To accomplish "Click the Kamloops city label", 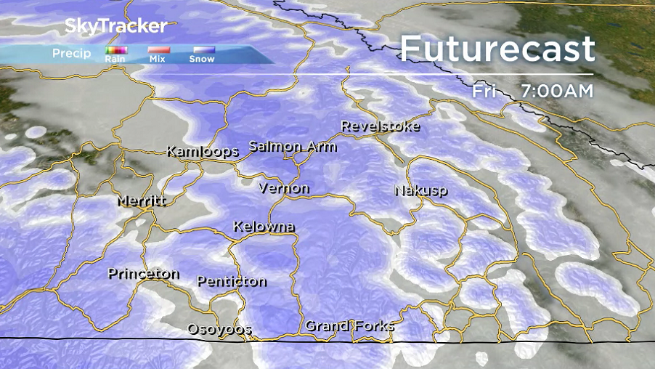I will click(x=203, y=152).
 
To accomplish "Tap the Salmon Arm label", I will click(x=293, y=146).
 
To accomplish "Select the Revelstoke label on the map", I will click(x=381, y=126).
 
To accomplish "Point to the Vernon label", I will click(x=284, y=188).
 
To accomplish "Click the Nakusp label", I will click(x=421, y=190).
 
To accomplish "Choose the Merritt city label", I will click(x=142, y=200).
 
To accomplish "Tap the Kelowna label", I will click(x=264, y=227).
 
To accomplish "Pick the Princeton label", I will click(x=144, y=274).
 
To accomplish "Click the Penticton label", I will click(x=232, y=281).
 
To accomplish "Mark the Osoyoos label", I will click(x=219, y=328).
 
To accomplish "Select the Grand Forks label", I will click(x=349, y=325).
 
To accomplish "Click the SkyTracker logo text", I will click(x=116, y=26).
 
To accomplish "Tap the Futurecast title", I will click(x=497, y=49).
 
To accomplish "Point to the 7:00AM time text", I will click(x=557, y=92).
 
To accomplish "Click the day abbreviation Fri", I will click(x=484, y=92).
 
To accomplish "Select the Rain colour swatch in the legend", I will click(x=115, y=50).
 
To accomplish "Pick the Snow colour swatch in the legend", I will click(x=202, y=50).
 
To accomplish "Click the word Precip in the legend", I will click(x=72, y=53).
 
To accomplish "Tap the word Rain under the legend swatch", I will click(x=115, y=59).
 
